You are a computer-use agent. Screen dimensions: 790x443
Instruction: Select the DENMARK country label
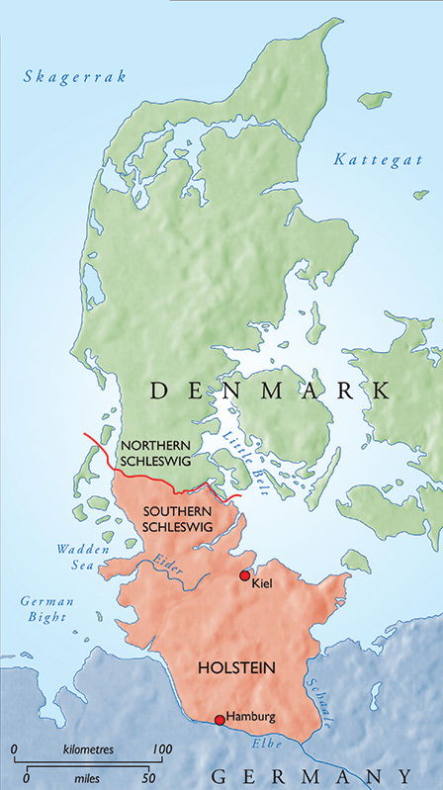[270, 392]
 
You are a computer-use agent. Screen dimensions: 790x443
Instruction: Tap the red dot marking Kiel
[244, 575]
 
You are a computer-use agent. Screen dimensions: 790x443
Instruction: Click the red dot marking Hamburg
[219, 720]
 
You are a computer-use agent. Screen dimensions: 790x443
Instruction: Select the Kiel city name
[262, 583]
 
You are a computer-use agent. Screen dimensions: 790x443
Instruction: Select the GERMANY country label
[307, 774]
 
